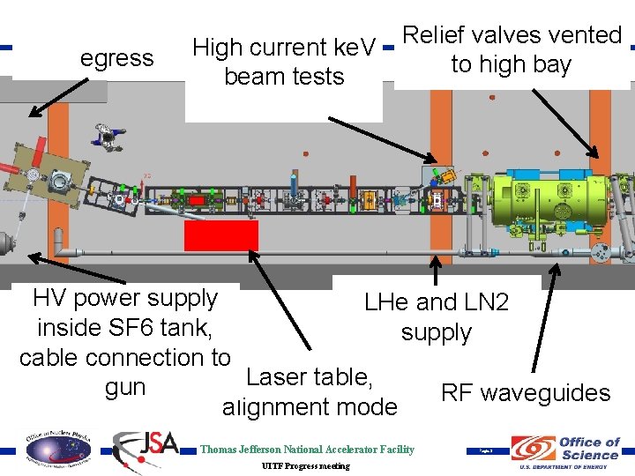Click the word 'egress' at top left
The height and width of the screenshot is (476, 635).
point(116,59)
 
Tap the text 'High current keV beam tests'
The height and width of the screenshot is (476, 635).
point(284,62)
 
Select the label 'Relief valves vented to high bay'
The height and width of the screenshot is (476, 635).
point(512,49)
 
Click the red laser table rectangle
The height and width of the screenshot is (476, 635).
point(220,236)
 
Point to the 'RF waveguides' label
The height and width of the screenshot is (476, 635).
point(526,393)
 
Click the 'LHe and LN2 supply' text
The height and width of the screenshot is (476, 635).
point(437,317)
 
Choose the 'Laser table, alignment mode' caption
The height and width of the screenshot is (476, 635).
point(310,392)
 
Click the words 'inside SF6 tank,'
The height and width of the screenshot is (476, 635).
point(124,328)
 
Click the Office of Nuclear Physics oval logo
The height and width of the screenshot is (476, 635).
point(57,450)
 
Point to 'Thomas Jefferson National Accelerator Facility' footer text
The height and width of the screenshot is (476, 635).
point(307,450)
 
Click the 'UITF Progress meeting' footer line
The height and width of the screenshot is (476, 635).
point(306,465)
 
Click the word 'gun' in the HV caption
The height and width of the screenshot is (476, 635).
point(125,388)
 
